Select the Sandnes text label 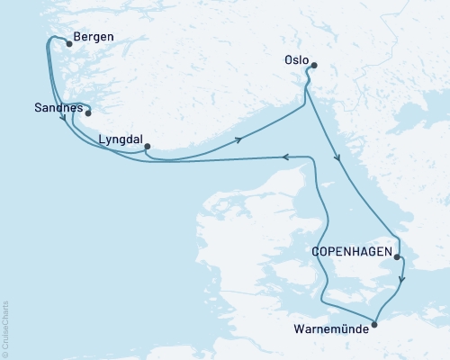56,108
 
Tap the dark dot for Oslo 312,65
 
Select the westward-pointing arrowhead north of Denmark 285,157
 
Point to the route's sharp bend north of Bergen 49,39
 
